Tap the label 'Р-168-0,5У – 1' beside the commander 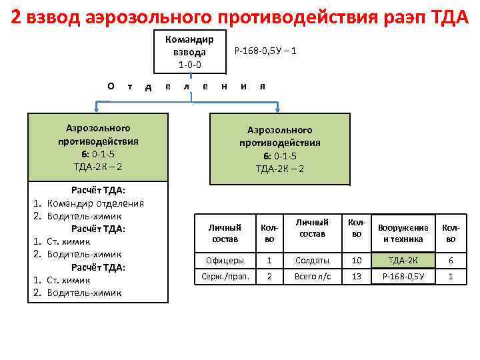(265, 51)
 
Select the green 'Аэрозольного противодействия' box (280, 149)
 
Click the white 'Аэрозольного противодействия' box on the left (97, 147)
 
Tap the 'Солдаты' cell (312, 260)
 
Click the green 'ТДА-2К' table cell (403, 260)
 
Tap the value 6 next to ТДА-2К (451, 260)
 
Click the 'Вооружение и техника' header (403, 233)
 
